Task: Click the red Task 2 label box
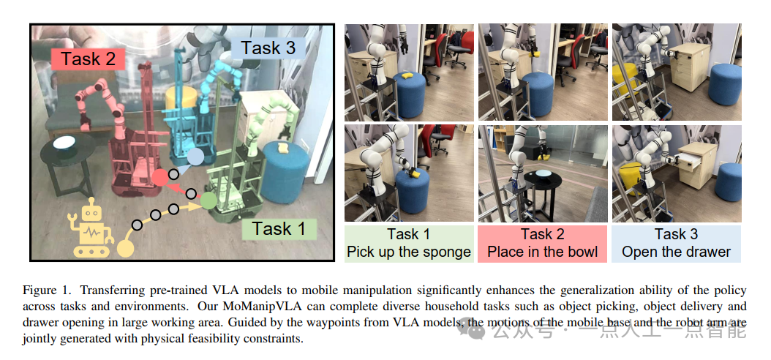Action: (x=88, y=59)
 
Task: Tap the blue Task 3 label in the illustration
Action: (x=268, y=48)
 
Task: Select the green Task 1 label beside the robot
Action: (x=278, y=228)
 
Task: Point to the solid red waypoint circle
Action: (x=159, y=177)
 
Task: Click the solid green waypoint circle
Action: (x=208, y=199)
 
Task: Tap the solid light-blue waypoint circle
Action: (x=195, y=157)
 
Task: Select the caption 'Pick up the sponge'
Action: (x=409, y=252)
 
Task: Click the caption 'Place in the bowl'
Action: (x=542, y=252)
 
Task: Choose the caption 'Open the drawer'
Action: (x=676, y=252)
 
